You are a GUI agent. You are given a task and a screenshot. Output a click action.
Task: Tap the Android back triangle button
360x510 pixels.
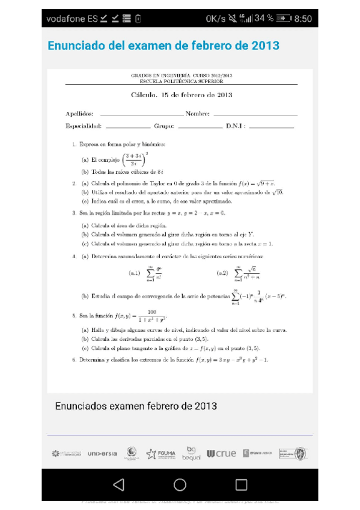pyautogui.click(x=118, y=484)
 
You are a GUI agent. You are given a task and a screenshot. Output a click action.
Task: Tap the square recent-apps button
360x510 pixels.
pyautogui.click(x=241, y=484)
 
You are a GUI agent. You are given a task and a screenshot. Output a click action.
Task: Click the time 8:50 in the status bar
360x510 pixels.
pyautogui.click(x=302, y=19)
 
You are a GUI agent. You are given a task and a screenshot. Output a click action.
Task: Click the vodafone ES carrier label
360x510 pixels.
pyautogui.click(x=72, y=19)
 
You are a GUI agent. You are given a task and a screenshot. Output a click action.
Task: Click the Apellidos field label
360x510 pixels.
pyautogui.click(x=79, y=113)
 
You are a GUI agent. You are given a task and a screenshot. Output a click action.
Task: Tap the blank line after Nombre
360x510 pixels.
pyautogui.click(x=255, y=114)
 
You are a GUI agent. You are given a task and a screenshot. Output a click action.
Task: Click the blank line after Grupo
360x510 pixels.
pyautogui.click(x=200, y=127)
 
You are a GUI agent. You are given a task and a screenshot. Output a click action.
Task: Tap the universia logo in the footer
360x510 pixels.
pyautogui.click(x=102, y=453)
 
